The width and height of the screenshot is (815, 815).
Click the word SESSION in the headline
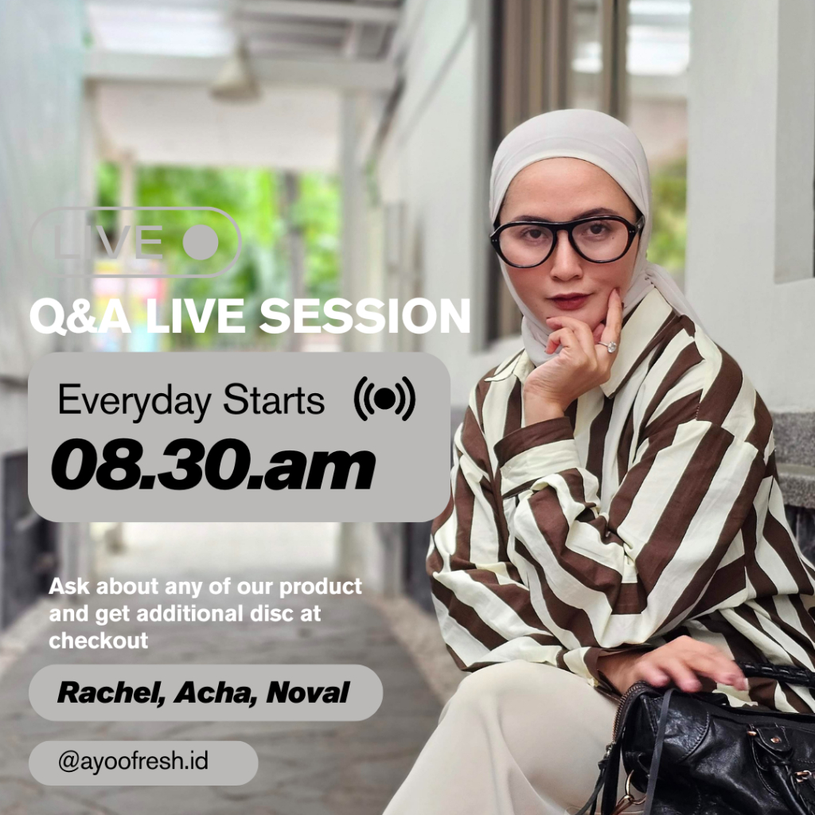pos(365,316)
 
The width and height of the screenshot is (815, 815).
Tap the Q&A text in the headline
pos(80,316)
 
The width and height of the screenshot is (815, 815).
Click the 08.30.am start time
pos(213,465)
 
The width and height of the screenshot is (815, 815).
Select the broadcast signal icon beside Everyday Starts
pos(384,399)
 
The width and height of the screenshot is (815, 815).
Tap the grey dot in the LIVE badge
pos(201,242)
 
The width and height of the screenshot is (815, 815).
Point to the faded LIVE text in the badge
pos(108,242)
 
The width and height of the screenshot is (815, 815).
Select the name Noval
pos(307,692)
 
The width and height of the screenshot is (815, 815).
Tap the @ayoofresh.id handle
pos(133,762)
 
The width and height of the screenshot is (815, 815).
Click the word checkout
pos(98,641)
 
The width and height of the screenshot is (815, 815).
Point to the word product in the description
pos(320,587)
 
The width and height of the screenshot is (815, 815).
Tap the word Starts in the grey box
pos(274,400)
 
